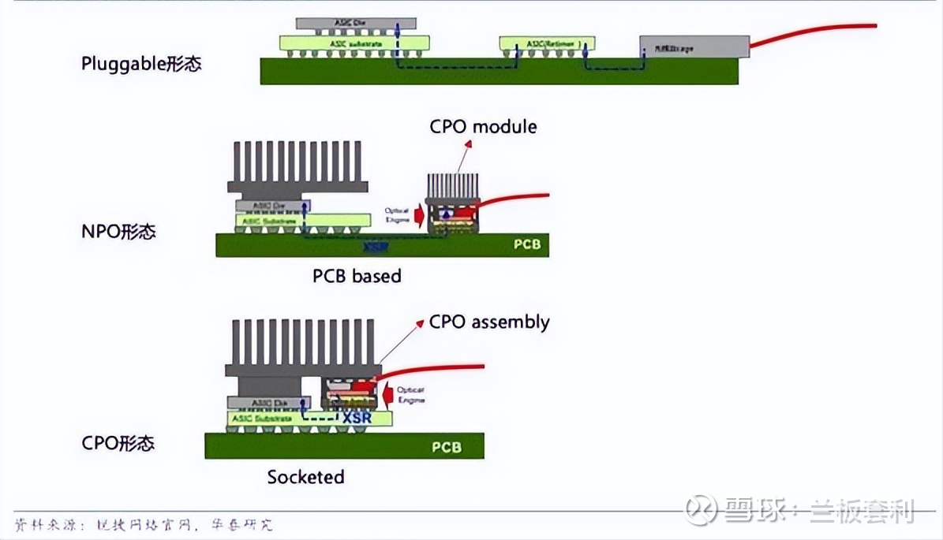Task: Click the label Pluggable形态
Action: pos(141,64)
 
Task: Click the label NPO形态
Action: pos(118,232)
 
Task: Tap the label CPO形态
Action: pos(118,443)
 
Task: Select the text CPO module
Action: pos(483,126)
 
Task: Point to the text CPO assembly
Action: pos(489,322)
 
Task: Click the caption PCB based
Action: pos(357,276)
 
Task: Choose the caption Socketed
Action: pos(305,477)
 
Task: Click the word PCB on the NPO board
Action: pos(527,244)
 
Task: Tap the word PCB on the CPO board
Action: pos(446,447)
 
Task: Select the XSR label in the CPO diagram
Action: pos(357,418)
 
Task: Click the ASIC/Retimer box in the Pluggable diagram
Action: pos(547,43)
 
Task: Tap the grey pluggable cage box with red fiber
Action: pos(694,47)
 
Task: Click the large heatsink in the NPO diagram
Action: pos(297,167)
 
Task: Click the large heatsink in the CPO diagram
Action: pos(304,347)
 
